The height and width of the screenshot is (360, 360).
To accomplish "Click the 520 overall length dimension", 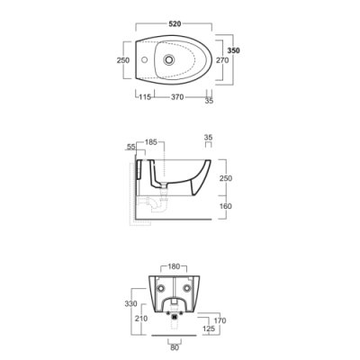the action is [x=175, y=23].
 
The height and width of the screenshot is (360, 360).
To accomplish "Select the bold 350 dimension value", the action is [x=233, y=50].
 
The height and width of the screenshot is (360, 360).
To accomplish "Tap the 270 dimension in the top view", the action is [x=222, y=60].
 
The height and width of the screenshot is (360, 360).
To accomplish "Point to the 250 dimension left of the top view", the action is [x=123, y=60].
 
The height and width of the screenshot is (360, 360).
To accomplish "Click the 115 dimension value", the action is [x=145, y=97].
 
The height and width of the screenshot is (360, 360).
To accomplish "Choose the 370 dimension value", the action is [x=177, y=97].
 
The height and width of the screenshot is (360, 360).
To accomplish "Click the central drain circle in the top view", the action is [x=169, y=59].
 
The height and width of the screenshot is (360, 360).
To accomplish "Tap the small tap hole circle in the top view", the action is [x=145, y=59].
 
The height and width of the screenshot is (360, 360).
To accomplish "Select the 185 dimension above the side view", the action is [x=151, y=142].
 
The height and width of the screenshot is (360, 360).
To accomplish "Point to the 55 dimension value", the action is [x=130, y=147].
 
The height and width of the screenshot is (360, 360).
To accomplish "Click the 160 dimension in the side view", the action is [x=225, y=206].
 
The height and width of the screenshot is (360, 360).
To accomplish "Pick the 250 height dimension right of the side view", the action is [x=225, y=178].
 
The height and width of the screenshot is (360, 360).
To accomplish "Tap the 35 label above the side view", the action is [x=208, y=138].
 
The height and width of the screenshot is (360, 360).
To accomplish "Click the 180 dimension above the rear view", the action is [x=174, y=266].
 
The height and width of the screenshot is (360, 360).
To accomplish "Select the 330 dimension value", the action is [x=130, y=303].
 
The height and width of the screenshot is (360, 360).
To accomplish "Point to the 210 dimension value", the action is [x=141, y=318].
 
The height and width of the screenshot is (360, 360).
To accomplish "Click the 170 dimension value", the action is [x=220, y=320].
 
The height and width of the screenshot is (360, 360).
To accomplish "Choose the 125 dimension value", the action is [x=209, y=328].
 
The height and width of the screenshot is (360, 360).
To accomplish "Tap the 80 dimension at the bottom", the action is [x=175, y=347].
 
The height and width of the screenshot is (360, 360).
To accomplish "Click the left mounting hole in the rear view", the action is [x=161, y=288].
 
